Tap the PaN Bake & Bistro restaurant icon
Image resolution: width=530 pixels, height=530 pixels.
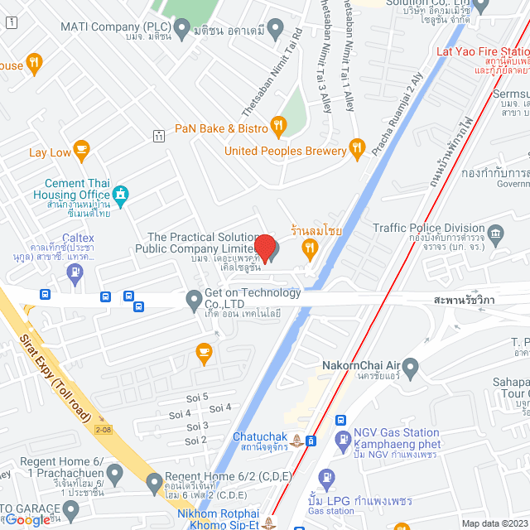(x=278, y=128)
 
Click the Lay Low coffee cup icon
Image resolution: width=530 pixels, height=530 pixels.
(x=80, y=150)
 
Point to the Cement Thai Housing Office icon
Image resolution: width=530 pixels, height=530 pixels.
(x=121, y=195)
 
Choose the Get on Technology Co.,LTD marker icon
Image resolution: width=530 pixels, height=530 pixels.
(x=193, y=297)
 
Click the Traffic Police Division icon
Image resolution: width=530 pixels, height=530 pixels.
(x=496, y=232)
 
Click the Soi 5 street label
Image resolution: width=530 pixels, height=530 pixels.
(x=199, y=397)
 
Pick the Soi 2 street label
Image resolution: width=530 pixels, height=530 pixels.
(x=196, y=440)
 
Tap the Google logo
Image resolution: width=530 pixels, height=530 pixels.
(x=27, y=519)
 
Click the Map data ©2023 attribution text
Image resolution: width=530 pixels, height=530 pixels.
(x=493, y=523)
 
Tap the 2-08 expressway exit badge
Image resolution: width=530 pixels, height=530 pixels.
(x=103, y=429)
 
